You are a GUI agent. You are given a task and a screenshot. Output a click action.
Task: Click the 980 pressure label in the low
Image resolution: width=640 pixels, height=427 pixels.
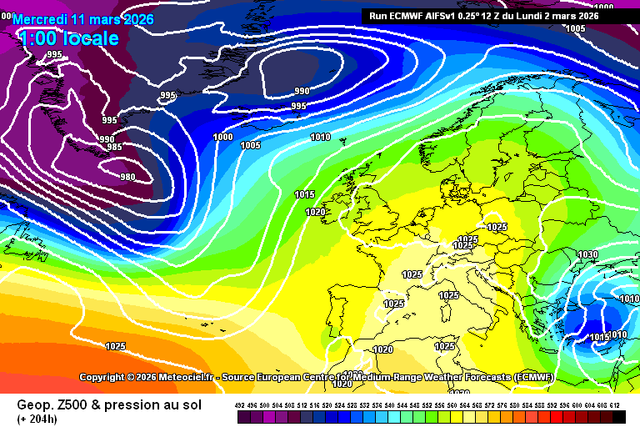127,177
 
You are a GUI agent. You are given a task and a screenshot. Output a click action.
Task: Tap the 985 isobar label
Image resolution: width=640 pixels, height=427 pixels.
114,148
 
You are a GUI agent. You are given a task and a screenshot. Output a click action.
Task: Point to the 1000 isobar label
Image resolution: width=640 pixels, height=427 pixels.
223,137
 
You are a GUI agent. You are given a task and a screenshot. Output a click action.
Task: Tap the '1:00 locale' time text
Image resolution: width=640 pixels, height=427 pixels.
67,38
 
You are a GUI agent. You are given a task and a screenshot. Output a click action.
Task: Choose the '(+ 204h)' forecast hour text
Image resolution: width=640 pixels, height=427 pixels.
38,419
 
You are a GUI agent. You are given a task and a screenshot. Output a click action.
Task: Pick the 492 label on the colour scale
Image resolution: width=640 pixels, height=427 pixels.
241,405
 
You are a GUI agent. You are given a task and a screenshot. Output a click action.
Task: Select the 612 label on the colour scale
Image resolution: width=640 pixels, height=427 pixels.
614,405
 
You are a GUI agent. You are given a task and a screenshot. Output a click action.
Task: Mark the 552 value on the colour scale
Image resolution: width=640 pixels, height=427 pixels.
427,405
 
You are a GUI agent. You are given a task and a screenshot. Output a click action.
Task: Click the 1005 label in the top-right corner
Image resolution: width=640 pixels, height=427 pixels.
576,28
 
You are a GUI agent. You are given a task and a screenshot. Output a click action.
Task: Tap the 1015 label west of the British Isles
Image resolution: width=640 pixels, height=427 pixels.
304,194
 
